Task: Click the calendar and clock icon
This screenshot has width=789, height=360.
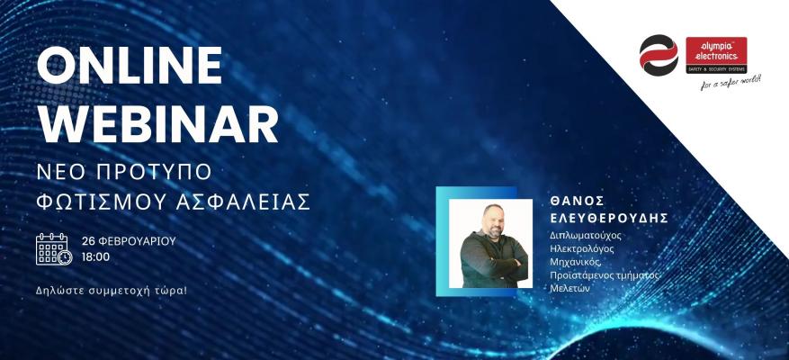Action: click(54, 248)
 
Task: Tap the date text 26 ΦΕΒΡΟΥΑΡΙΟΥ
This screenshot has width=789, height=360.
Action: click(128, 241)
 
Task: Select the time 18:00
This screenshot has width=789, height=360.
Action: click(95, 256)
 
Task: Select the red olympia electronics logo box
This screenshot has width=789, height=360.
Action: click(716, 55)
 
